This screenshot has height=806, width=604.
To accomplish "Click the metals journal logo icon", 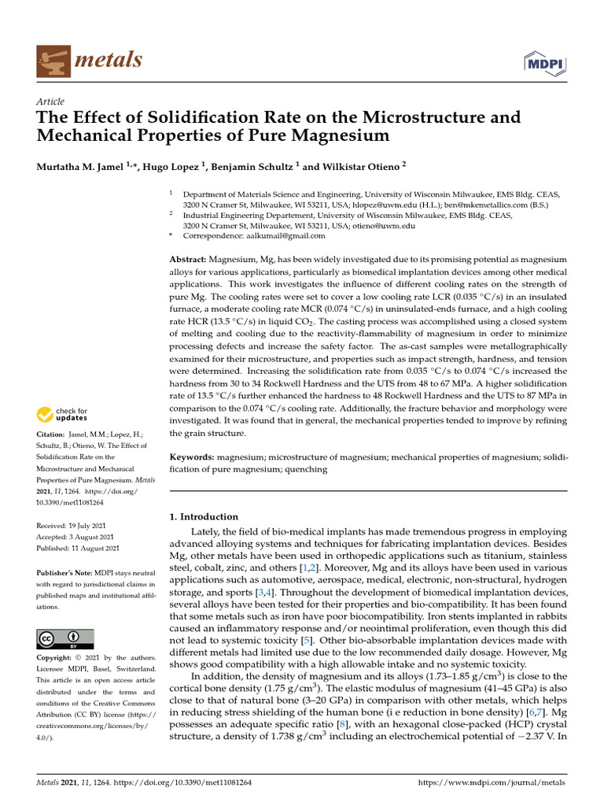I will pos(53,60).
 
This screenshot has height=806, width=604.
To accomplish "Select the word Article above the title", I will pos(50,102).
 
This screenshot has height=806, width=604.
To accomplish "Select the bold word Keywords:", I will pos(193,457).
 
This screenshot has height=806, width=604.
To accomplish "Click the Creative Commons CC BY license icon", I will pos(65,638).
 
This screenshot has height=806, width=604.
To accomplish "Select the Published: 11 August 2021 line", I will pos(79,548).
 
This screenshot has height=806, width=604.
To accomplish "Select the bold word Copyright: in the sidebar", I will pos(57,656).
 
